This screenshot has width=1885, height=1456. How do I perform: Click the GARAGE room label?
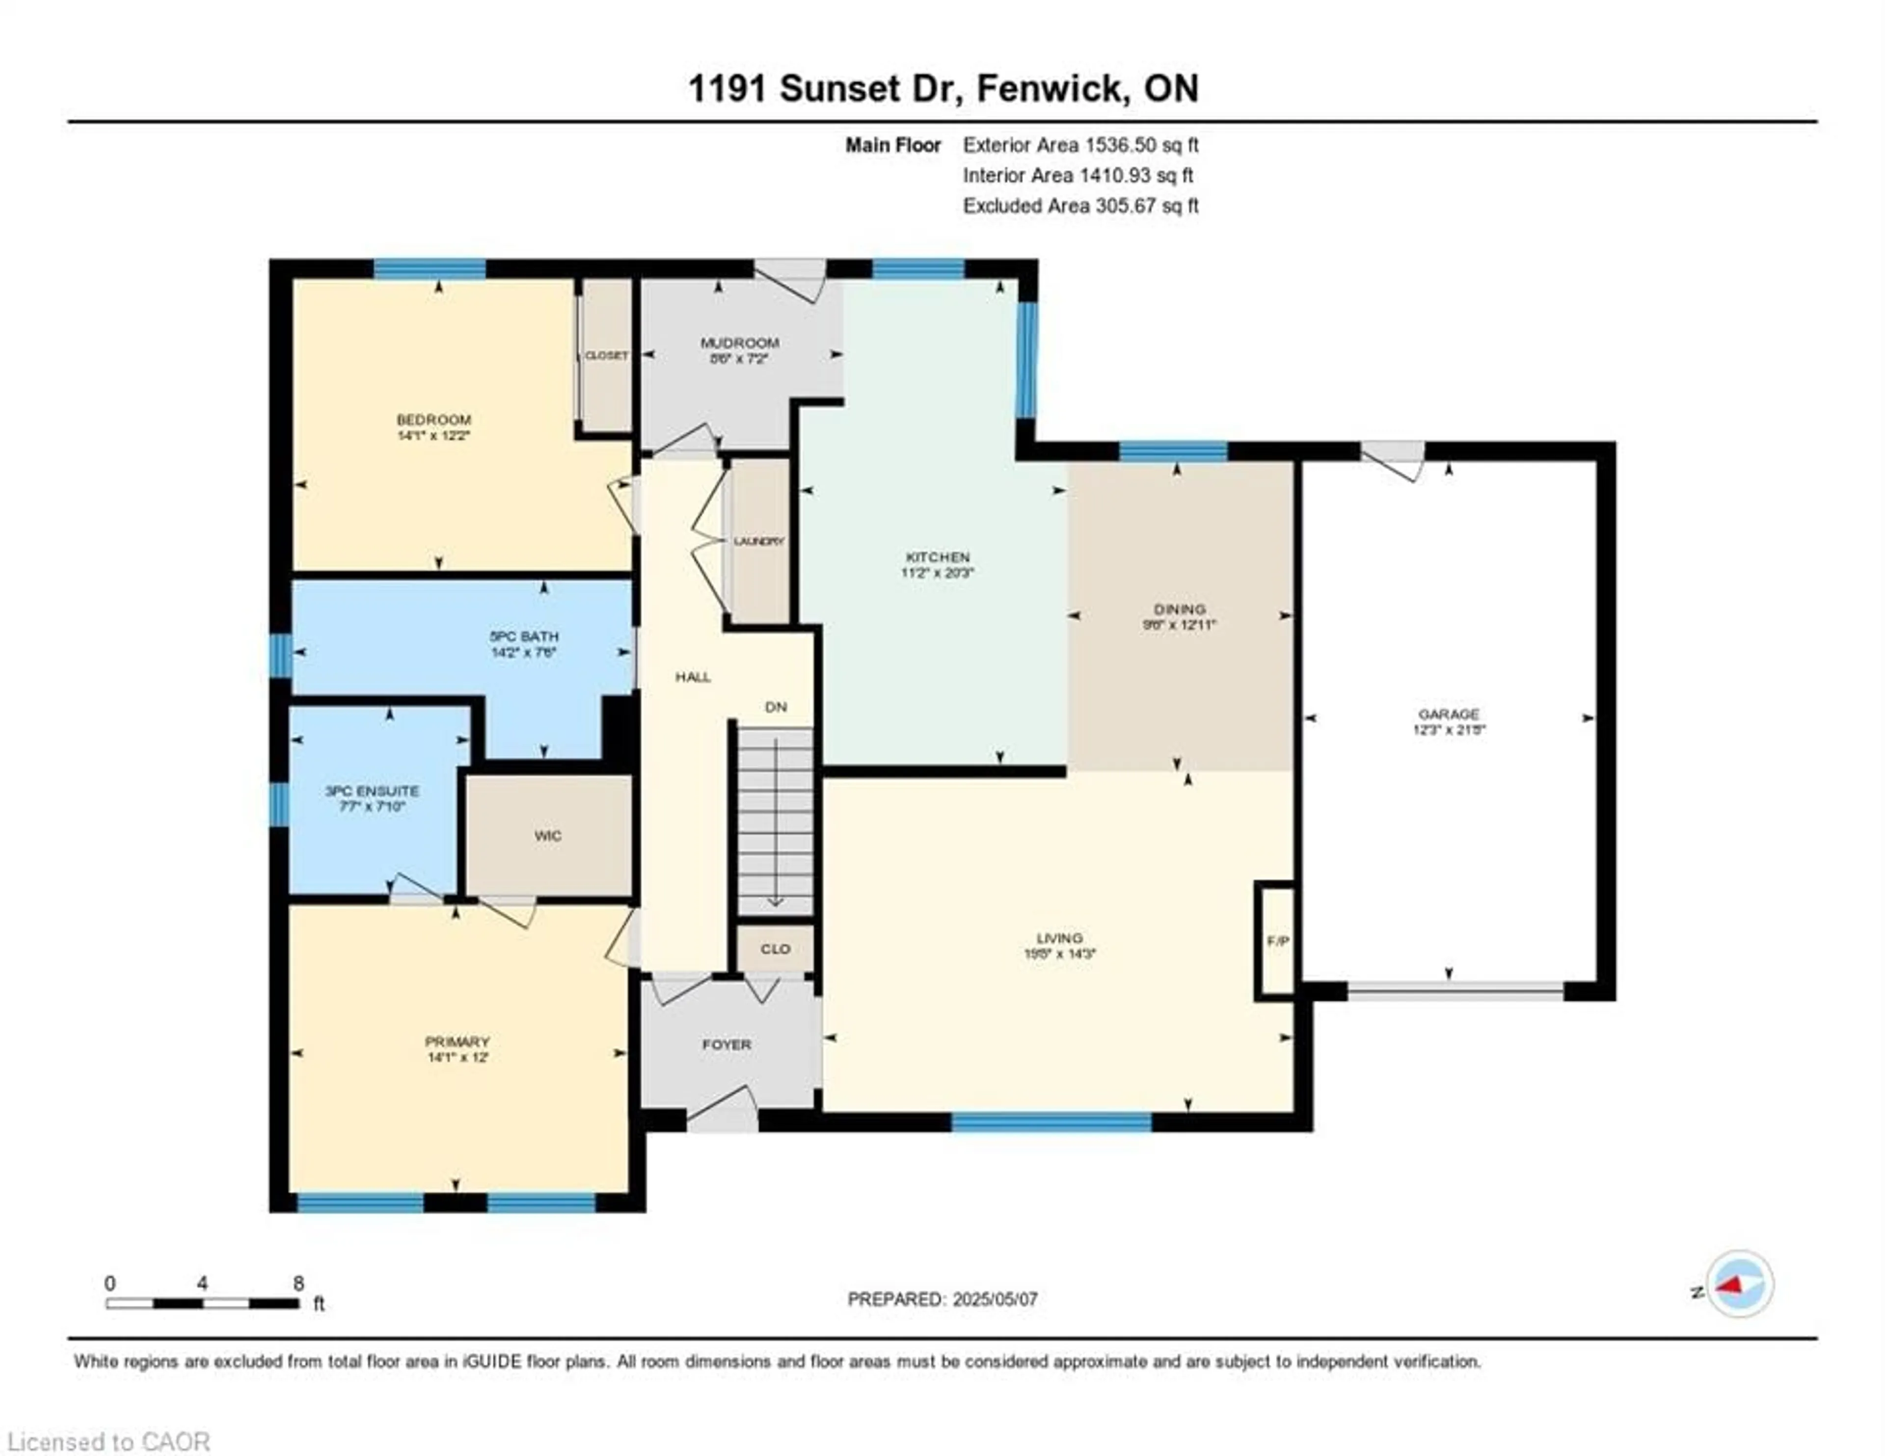click(x=1448, y=714)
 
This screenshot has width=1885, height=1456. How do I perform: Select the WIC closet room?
click(x=548, y=835)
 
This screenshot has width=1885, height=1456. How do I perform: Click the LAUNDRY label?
click(x=758, y=541)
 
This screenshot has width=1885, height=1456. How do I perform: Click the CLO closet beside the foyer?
click(x=775, y=949)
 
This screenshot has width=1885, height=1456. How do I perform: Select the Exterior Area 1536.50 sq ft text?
click(x=1080, y=145)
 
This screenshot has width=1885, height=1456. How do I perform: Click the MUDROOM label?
click(x=740, y=343)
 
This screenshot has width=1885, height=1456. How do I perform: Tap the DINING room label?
click(x=1179, y=609)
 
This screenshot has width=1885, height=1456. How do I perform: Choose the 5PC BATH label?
click(x=524, y=636)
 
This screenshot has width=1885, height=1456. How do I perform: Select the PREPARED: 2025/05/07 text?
click(x=942, y=1299)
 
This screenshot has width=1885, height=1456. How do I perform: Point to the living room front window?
click(x=1051, y=1122)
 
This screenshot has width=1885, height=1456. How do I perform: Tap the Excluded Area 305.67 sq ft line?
click(x=1080, y=206)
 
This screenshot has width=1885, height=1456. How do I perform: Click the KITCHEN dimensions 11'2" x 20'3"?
click(x=937, y=572)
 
